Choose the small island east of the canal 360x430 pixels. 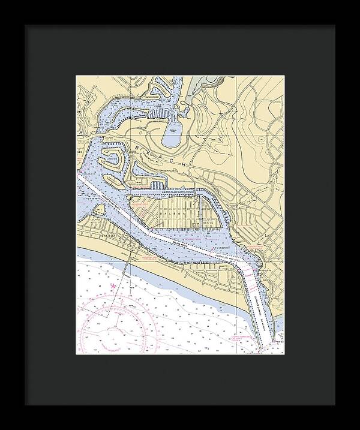[x=211, y=218]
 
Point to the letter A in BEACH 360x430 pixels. [x=164, y=157]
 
